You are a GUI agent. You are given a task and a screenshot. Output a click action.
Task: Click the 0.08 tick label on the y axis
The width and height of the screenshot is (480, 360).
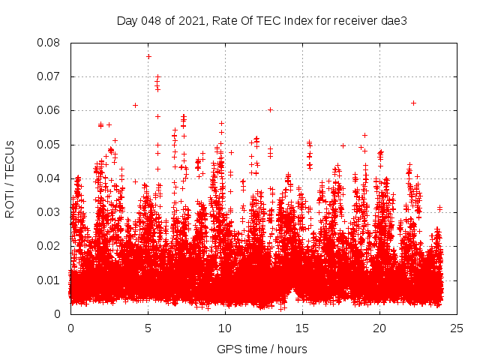[x=51, y=43]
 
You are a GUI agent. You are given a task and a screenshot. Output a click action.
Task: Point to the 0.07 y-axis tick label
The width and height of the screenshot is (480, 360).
[x=51, y=76]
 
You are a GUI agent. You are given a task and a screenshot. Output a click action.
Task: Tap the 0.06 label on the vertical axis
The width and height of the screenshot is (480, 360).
[x=51, y=110]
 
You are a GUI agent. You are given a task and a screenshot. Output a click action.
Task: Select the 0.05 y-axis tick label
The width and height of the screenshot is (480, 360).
[x=51, y=145]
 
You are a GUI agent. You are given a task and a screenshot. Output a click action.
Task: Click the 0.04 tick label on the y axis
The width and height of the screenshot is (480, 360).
[x=51, y=178]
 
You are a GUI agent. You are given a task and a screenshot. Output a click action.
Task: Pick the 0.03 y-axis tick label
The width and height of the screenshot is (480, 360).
[x=51, y=212]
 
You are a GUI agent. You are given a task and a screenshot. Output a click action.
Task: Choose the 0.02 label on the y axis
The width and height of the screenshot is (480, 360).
[x=51, y=246]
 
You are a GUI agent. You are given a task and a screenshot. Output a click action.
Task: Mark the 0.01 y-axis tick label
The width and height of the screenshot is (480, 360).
[x=51, y=280]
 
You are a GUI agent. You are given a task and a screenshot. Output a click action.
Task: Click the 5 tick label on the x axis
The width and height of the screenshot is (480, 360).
[x=148, y=328]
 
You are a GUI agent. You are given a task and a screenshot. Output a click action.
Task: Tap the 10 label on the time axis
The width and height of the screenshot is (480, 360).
[x=225, y=328]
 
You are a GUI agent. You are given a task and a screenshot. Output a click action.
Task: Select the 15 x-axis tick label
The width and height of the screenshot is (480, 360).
[x=302, y=328]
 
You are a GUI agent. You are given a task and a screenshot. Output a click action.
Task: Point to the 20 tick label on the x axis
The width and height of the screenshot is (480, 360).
[x=379, y=328]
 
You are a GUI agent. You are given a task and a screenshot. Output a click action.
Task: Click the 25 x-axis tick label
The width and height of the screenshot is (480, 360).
[x=457, y=328]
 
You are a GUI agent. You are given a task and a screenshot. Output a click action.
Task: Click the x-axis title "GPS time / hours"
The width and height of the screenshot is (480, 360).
[x=262, y=349]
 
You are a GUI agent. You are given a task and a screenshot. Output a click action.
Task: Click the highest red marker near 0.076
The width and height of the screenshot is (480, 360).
[x=148, y=56]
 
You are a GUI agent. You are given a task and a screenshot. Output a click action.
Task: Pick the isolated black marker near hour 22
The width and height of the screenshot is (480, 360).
[x=413, y=103]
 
